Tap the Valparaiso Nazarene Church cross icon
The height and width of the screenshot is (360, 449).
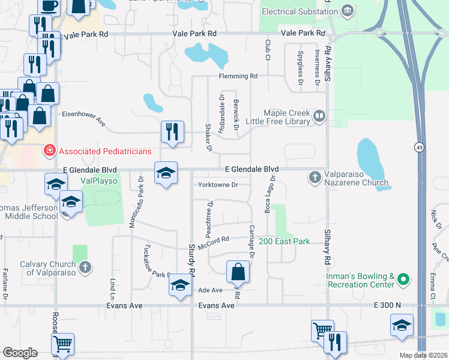coord(314,177)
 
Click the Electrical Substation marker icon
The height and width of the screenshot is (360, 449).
coord(347,11)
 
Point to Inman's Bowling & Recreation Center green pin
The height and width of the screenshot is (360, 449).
coord(404,279)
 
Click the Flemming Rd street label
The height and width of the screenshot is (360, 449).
coord(238,76)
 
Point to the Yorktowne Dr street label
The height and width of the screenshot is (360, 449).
coord(218,185)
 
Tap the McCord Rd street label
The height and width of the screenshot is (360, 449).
coord(217,239)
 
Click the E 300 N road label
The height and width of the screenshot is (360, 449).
coord(387,305)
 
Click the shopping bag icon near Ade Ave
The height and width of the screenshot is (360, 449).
coord(238,271)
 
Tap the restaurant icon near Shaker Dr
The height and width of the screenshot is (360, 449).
coord(172,131)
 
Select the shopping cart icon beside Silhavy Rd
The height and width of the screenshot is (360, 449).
coord(322,330)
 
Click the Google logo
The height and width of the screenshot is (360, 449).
coord(19,353)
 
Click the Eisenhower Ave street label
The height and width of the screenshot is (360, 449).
coord(84,118)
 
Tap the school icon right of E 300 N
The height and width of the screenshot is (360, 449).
coord(402,325)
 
